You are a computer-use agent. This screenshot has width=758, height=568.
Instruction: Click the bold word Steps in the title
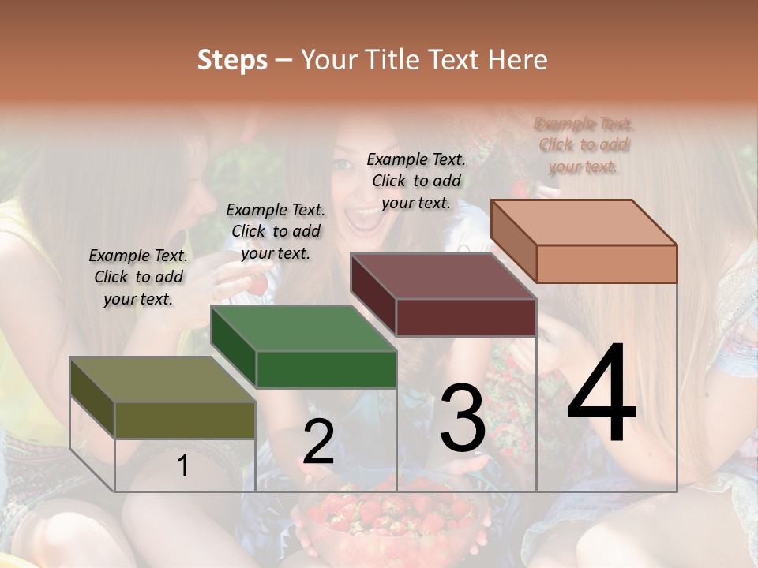[x=232, y=60]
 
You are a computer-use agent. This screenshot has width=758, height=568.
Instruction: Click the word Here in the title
[x=518, y=60]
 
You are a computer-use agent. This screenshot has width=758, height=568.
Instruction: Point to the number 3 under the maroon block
[x=463, y=417]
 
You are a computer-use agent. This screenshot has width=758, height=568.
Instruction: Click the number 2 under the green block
[x=318, y=442]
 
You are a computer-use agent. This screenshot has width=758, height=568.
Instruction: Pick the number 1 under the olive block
[x=183, y=466]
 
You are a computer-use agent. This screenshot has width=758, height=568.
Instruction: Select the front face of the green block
[x=326, y=369]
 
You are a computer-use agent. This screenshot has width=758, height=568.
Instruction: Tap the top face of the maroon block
[x=443, y=277]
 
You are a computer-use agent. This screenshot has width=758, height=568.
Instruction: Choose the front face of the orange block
[x=606, y=263]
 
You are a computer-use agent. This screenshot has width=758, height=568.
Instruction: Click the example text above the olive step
[x=138, y=277]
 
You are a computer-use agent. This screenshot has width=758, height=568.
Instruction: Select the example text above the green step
[x=276, y=231]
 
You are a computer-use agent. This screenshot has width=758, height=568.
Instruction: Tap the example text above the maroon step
[x=416, y=181]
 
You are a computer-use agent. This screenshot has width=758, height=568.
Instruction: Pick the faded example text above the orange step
[x=584, y=145]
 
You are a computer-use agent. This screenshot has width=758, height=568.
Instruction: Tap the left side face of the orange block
[x=513, y=241]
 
